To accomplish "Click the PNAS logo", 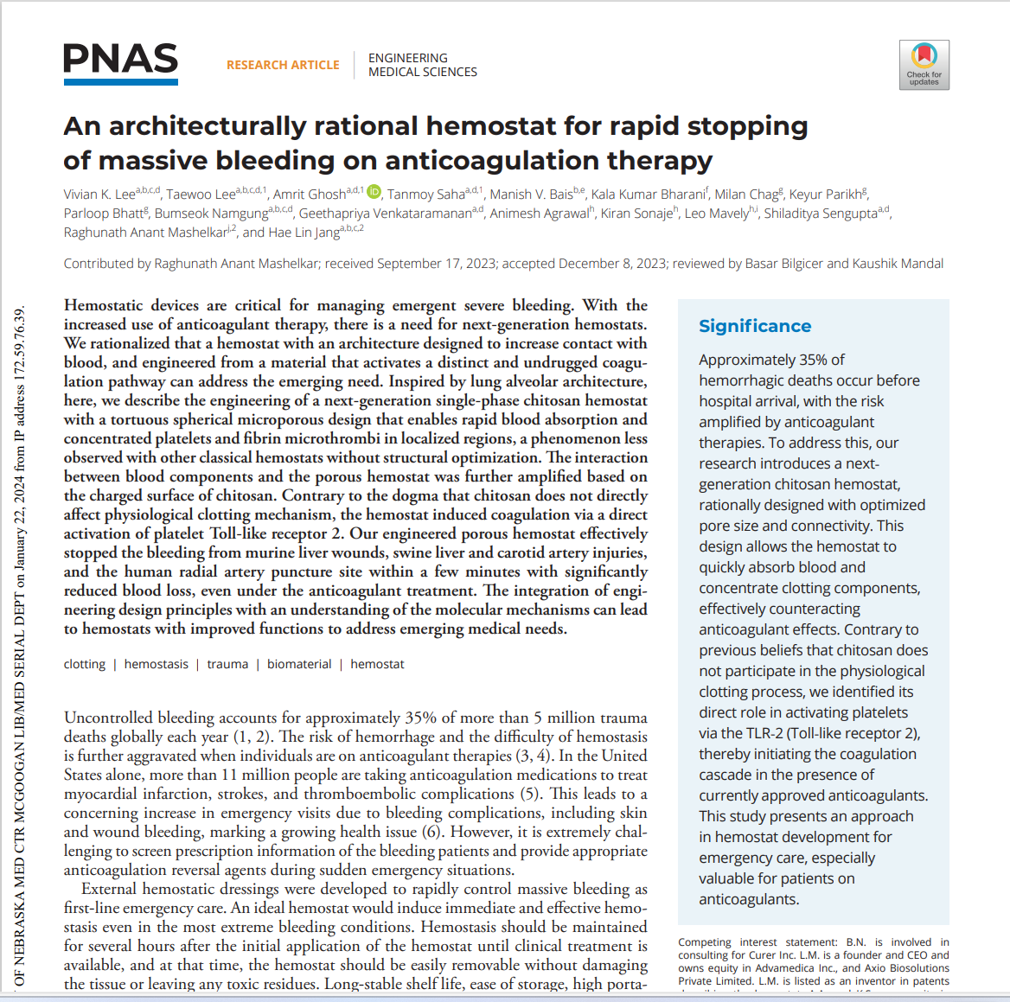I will click(120, 63).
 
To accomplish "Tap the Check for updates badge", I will click(924, 64).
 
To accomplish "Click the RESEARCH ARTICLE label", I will click(283, 65).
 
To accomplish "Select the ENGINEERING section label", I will click(408, 58).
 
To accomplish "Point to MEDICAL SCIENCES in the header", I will click(423, 73).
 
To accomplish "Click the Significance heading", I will click(755, 326).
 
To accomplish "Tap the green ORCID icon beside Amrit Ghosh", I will click(374, 192).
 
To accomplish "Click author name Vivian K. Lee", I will click(99, 195).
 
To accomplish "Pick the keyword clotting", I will click(85, 664).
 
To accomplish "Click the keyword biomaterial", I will click(299, 664).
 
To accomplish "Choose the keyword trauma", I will click(227, 664).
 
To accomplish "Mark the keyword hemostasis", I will click(156, 664).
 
